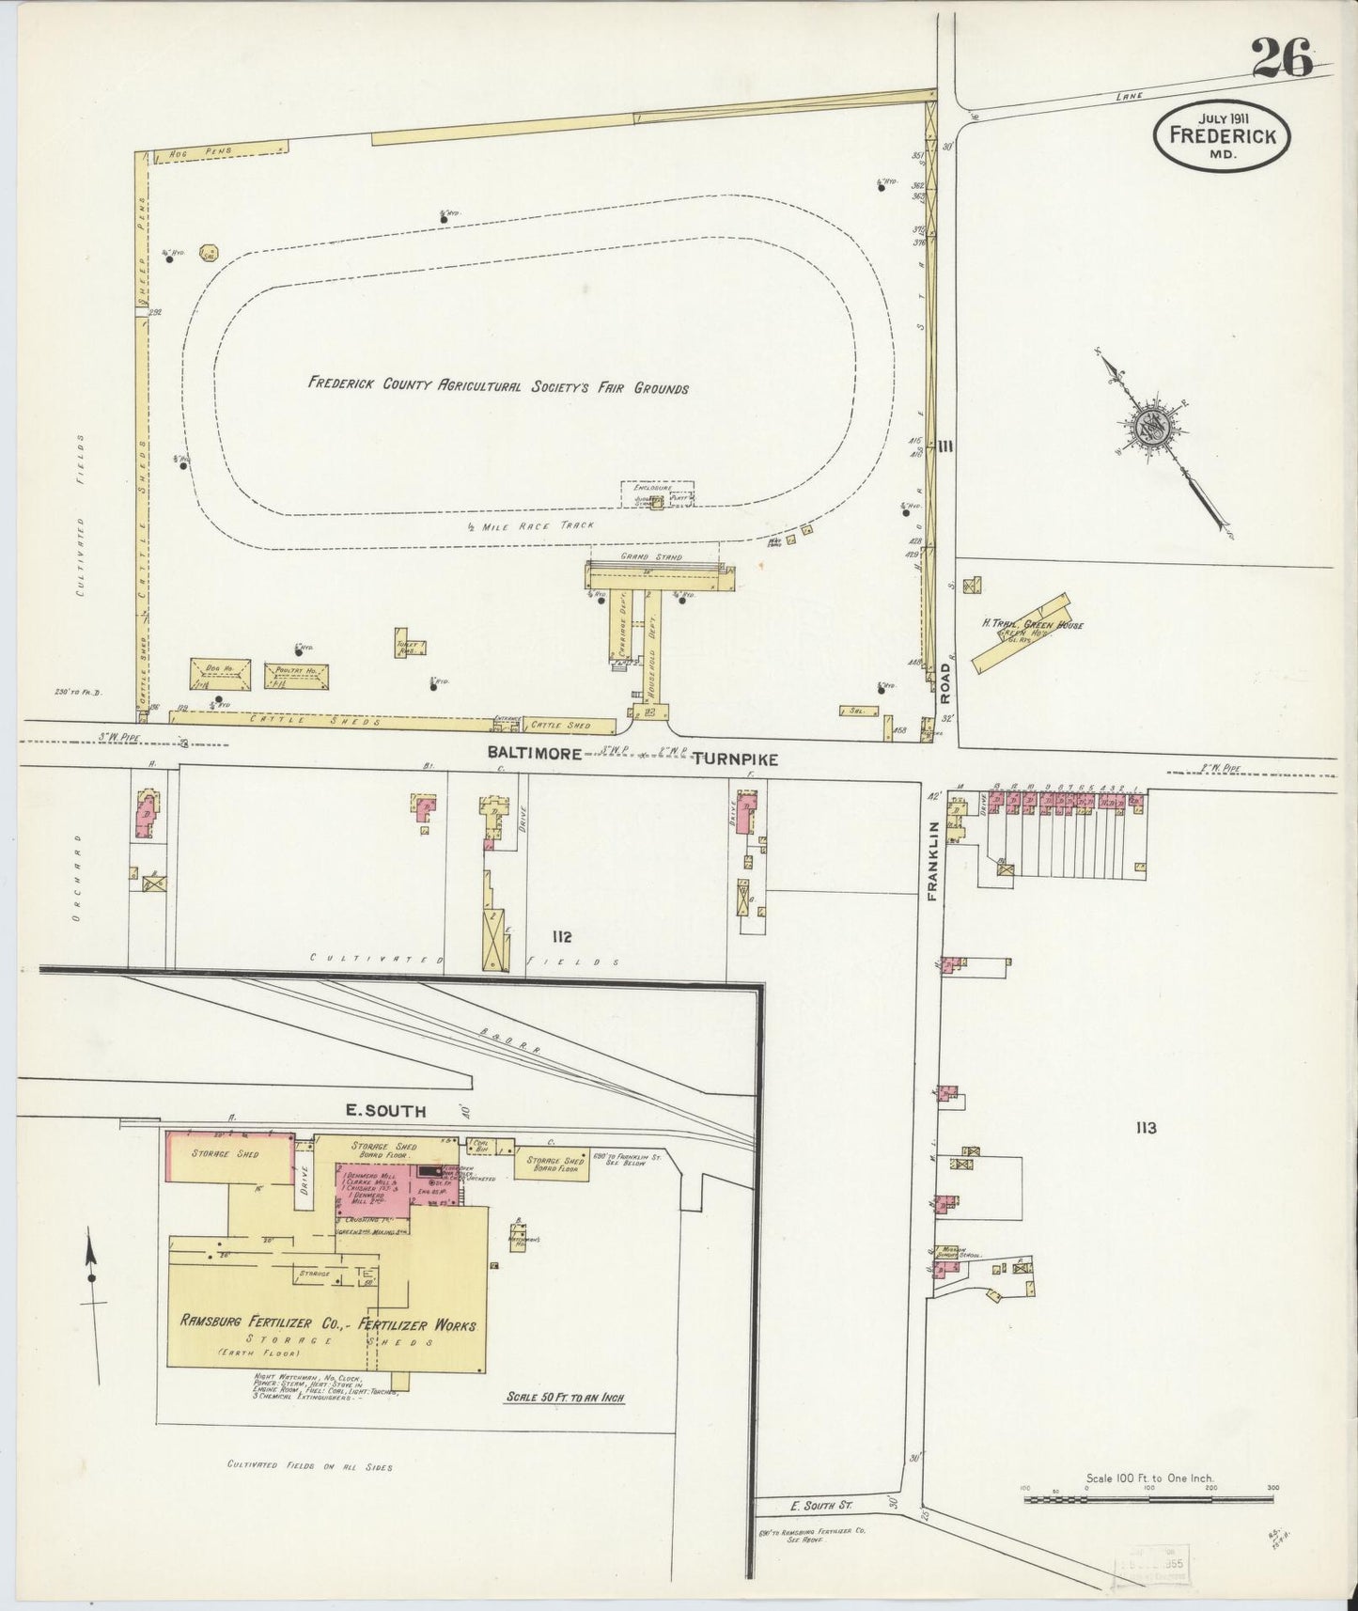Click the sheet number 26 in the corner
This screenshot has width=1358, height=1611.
1282,61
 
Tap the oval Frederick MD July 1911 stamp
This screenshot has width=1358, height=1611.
1222,135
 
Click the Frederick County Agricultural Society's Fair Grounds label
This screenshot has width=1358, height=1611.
498,386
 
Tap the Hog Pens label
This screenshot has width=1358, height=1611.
194,150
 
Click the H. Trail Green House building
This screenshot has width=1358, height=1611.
1021,633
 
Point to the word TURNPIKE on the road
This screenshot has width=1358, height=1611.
735,759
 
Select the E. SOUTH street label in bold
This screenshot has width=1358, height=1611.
385,1111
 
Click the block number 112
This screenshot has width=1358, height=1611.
563,936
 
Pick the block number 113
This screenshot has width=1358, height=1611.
1145,1128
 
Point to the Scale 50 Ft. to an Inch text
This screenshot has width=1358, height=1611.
565,1398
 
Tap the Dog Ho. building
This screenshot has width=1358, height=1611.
221,673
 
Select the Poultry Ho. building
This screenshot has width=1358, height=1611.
296,675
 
